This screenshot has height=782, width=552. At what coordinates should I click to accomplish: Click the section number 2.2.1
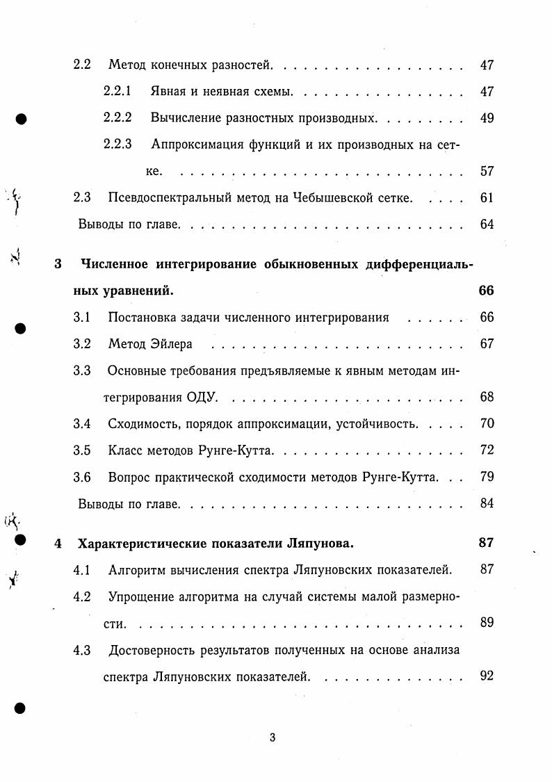[117, 92]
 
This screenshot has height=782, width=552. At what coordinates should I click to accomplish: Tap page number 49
[487, 118]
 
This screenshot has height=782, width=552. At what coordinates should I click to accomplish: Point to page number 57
[487, 171]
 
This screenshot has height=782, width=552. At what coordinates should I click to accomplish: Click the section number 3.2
[82, 344]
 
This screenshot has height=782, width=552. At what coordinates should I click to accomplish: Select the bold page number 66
[486, 291]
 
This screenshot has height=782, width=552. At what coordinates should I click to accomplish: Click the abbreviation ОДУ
[203, 398]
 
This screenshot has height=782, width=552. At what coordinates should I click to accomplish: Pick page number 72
[487, 450]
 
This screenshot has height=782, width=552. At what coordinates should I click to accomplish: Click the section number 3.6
[82, 477]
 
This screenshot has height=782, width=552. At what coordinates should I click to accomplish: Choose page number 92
[487, 676]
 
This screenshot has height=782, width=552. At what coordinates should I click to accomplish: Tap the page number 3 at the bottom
[273, 738]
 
